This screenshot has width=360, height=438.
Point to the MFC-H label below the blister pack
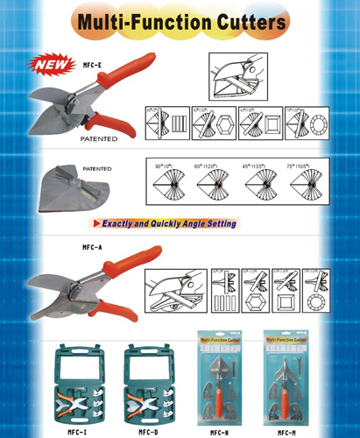[217, 431]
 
